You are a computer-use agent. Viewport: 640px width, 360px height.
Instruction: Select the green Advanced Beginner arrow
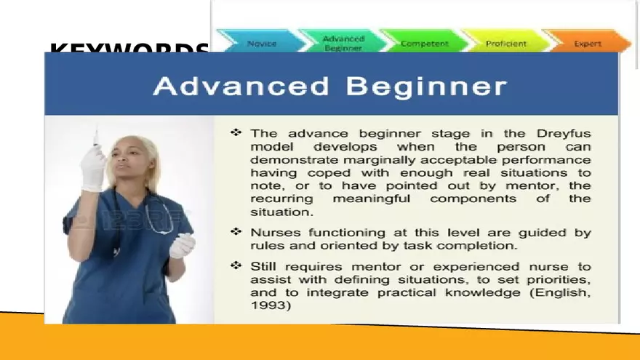(343, 43)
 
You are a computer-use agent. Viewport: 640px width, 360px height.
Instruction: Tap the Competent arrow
(424, 43)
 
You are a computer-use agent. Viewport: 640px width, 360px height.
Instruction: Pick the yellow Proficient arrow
(505, 43)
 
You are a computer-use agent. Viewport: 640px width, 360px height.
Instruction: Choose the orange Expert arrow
(587, 43)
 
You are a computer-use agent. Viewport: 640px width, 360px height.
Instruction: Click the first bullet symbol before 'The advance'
(236, 133)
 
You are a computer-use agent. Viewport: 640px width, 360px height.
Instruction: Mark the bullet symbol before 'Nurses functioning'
(236, 232)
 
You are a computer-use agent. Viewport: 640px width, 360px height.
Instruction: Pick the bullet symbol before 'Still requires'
(236, 266)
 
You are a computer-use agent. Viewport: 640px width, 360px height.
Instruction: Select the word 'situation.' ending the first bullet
(281, 212)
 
